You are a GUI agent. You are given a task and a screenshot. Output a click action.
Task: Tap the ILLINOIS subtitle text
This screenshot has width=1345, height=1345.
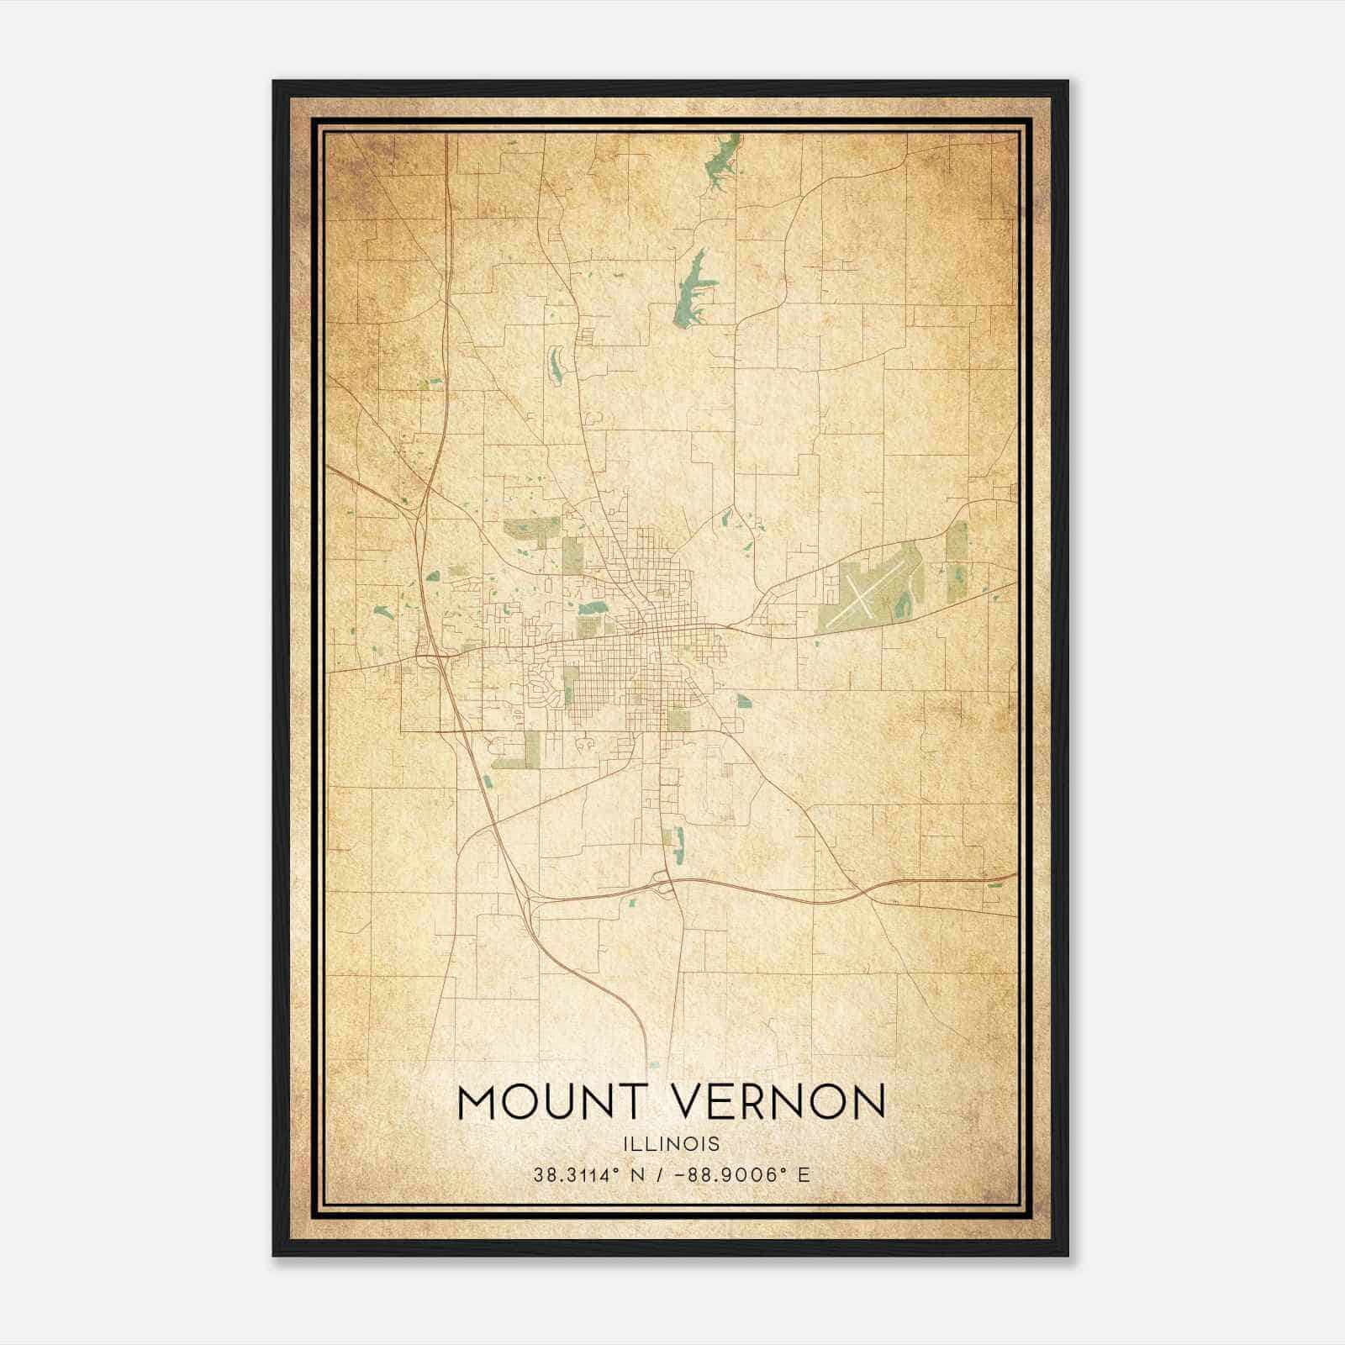(672, 1144)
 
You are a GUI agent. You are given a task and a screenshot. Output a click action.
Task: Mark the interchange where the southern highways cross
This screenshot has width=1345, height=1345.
(664, 885)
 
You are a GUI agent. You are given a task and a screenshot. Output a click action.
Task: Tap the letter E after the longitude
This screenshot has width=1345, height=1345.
(804, 1175)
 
